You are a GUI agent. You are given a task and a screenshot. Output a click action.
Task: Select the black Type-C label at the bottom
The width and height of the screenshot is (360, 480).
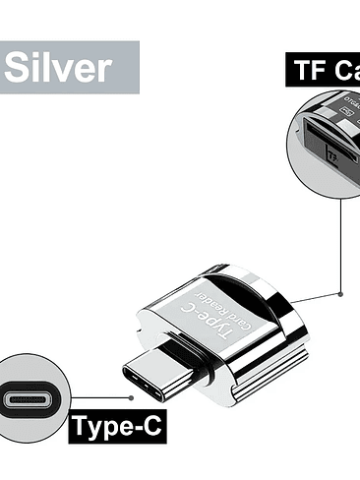[116, 426]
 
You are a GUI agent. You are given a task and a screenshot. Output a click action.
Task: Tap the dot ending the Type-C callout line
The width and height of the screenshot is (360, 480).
[131, 398]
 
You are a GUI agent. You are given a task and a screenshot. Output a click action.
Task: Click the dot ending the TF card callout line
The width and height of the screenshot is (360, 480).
[340, 292]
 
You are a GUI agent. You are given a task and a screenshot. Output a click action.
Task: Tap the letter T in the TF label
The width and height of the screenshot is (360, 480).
[301, 71]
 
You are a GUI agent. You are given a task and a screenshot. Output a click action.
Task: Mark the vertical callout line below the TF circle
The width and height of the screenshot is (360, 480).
[340, 246]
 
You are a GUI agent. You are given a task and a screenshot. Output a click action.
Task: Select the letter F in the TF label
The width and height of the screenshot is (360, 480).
[316, 71]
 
